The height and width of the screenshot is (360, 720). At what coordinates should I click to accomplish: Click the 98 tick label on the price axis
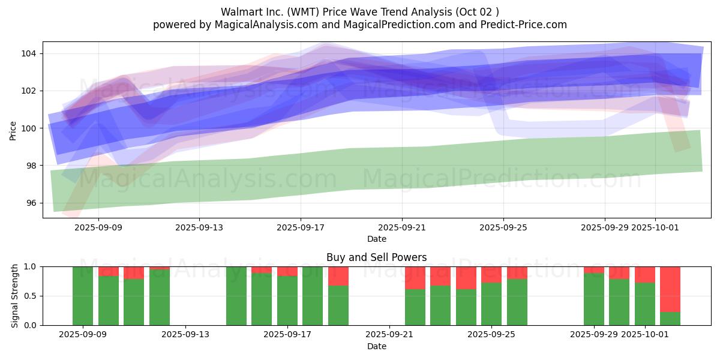click(30, 166)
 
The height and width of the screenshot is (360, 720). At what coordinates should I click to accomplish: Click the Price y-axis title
click(13, 130)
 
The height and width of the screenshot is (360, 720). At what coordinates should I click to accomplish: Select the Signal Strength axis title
click(15, 296)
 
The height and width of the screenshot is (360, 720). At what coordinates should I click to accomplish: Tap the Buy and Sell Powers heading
click(376, 257)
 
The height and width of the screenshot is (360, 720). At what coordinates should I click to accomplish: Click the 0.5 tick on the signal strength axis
click(30, 296)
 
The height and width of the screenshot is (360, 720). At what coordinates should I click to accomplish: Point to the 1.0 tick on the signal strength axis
click(30, 266)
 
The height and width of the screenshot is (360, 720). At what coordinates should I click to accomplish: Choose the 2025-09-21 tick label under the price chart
click(401, 228)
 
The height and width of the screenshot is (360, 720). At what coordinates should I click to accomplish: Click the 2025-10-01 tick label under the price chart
click(655, 228)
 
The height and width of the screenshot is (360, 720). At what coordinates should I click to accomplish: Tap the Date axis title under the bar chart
click(376, 346)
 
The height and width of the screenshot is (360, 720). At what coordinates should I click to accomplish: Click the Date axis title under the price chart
click(376, 239)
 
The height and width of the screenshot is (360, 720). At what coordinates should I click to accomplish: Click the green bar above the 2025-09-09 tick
click(83, 296)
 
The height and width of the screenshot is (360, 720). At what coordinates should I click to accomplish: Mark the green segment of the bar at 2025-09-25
click(491, 304)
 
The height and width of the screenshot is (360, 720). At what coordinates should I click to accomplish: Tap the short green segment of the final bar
click(670, 319)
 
